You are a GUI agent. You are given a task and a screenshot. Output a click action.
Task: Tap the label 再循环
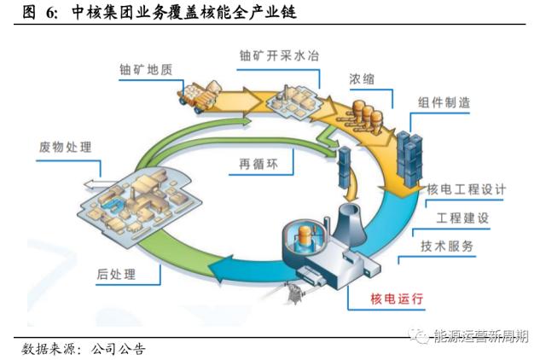pyautogui.click(x=255, y=164)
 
